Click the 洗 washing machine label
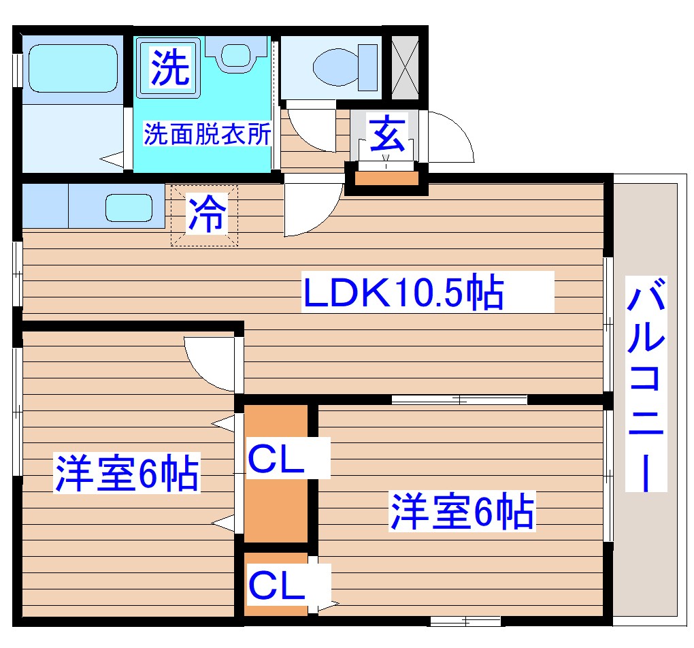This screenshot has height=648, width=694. [169, 68]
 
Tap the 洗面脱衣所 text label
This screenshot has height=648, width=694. [207, 134]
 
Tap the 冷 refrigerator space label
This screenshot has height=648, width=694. [205, 214]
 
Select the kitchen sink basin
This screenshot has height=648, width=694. [129, 207]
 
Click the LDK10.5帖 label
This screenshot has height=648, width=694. [403, 293]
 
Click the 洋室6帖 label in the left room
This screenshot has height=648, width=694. [127, 474]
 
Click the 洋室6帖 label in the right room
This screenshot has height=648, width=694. [461, 512]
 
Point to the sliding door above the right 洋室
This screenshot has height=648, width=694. [459, 400]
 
